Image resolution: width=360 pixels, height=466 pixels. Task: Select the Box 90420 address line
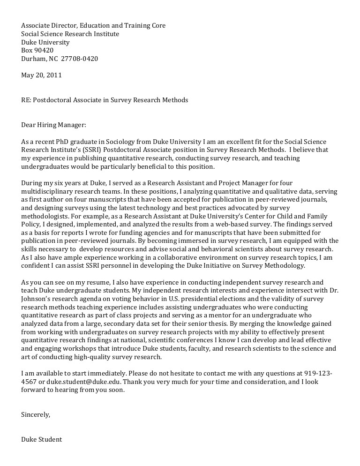(37, 51)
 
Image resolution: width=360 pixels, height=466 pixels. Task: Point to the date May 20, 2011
(41, 75)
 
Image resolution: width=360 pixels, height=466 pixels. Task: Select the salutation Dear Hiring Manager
(54, 125)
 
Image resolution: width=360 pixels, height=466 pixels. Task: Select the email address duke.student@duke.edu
(81, 382)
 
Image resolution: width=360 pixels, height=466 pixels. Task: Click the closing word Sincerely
(36, 414)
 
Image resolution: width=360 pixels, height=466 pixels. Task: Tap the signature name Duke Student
(41, 439)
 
